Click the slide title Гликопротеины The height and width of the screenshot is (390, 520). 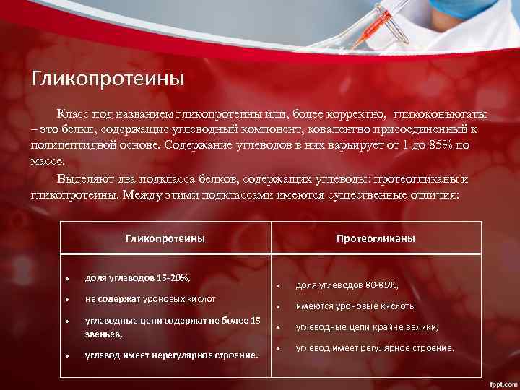point(108,78)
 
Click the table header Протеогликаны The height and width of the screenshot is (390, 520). point(376,238)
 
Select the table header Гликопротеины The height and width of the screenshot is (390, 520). point(165,238)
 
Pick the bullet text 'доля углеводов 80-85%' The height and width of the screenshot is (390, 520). point(347,285)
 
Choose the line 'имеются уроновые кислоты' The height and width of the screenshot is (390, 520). point(356,306)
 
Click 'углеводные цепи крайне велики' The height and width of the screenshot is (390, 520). point(367,327)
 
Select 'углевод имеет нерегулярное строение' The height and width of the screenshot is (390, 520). point(171,355)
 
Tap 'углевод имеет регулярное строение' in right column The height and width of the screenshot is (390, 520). point(375,348)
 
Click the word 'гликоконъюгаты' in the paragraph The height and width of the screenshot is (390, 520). point(441,116)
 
